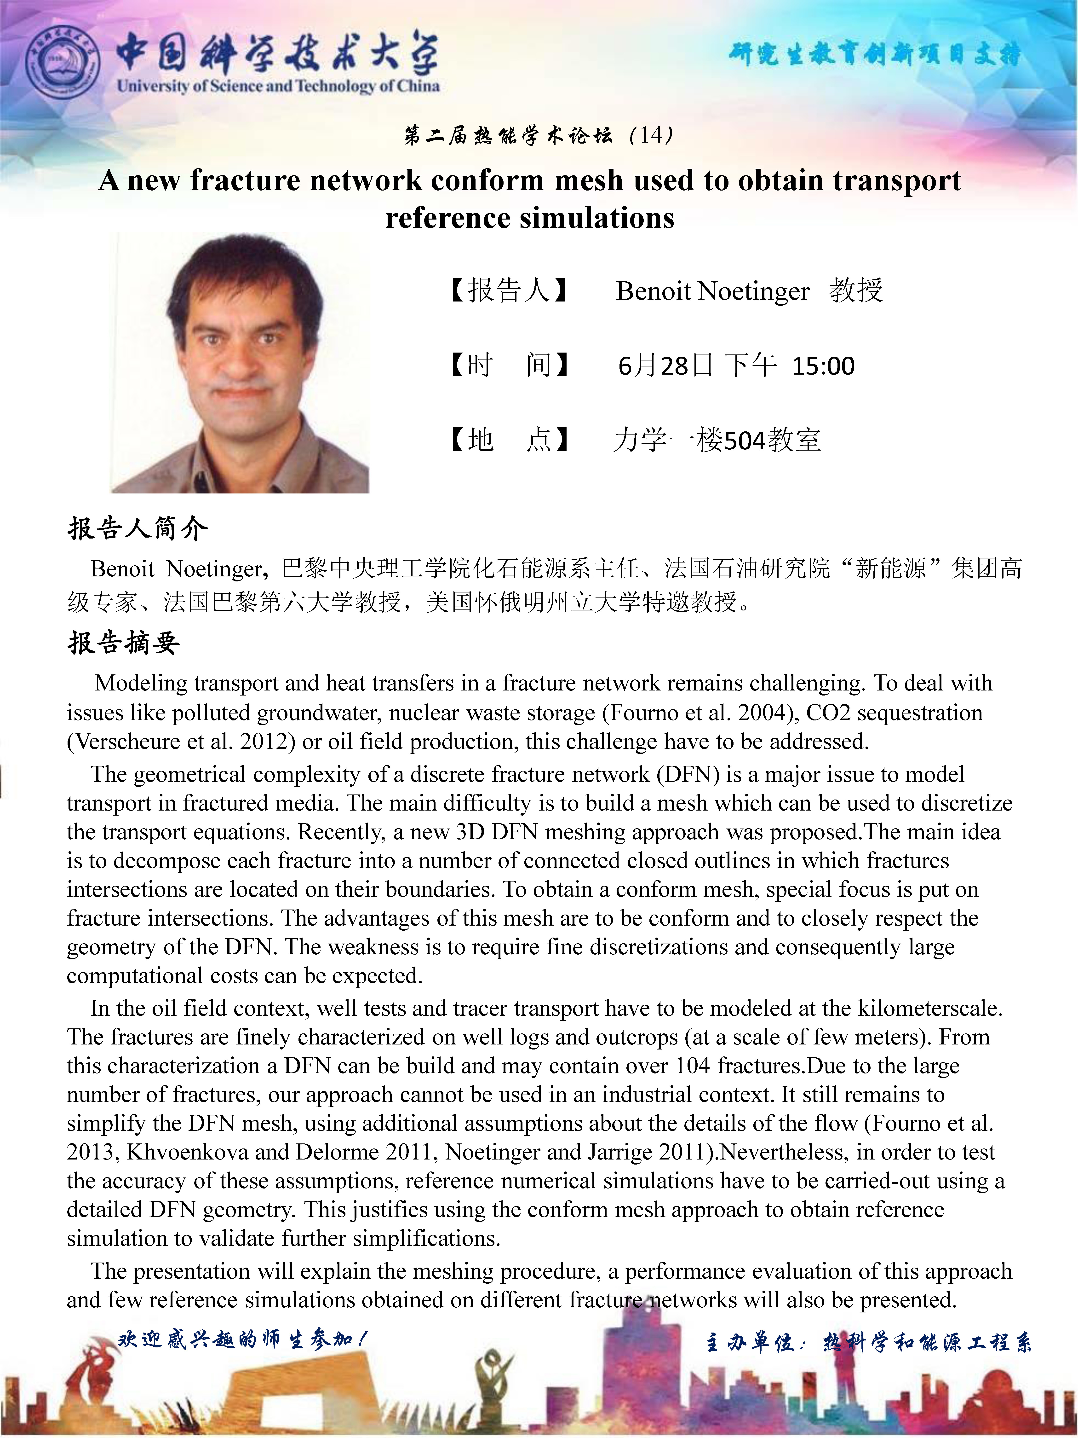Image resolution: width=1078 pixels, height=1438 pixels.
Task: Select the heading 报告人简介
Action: tap(138, 528)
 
